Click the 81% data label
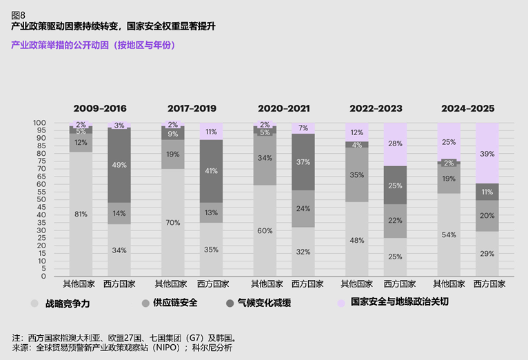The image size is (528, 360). pos(81,214)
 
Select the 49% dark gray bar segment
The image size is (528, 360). pos(119,165)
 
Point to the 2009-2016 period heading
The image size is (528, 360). pos(100,108)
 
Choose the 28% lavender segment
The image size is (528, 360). pos(396,144)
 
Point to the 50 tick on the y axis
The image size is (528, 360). pos(60,199)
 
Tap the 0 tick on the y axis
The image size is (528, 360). pos(62,277)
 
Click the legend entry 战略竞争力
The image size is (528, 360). pos(67,302)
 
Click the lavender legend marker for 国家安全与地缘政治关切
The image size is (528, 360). pos(340,302)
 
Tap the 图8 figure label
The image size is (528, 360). pos(19,13)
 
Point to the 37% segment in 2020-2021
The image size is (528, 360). pos(303,162)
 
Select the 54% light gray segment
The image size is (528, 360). pos(449,234)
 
